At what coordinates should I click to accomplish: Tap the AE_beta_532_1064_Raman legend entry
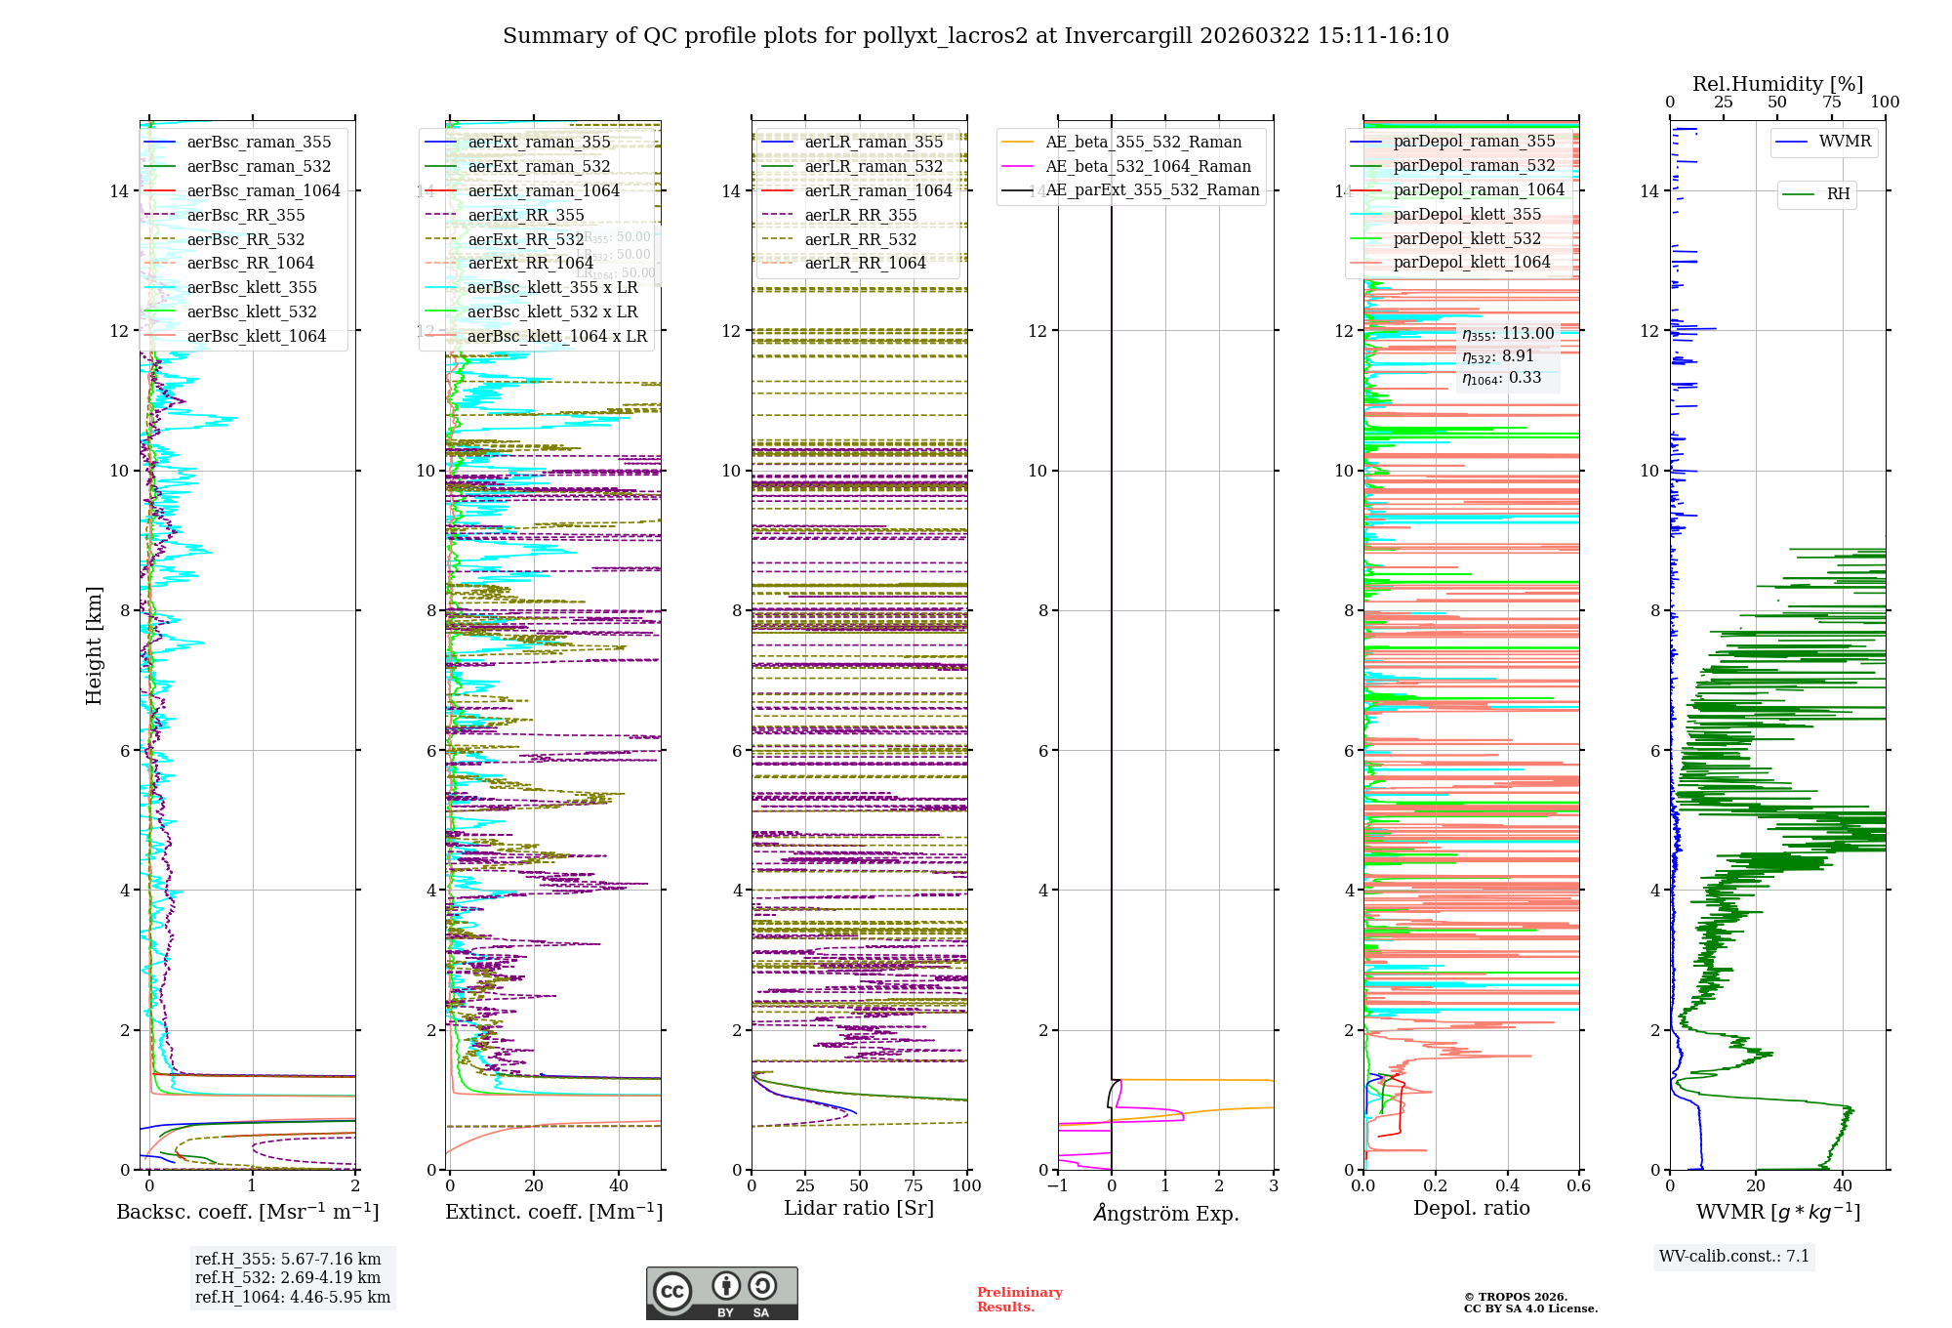tap(1148, 166)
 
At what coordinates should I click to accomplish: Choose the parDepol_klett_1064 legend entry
tap(1472, 262)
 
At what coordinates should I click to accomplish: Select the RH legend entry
tap(1838, 194)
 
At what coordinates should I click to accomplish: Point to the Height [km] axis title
tap(94, 645)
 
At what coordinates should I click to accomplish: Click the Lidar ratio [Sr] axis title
tap(859, 1208)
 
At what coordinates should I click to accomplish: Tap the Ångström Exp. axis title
tap(1166, 1213)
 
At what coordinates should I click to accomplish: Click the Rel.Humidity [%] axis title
tap(1777, 84)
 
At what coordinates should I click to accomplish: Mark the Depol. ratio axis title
tap(1472, 1208)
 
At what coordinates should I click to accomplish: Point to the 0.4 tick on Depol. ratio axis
tap(1508, 1185)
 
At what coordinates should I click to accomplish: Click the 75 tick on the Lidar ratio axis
tap(914, 1185)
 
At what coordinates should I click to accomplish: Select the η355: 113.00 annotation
tap(1508, 334)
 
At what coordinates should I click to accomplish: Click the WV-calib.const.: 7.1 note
tap(1734, 1257)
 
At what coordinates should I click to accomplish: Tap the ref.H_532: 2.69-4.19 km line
tap(288, 1277)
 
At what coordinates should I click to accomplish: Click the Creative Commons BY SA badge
tap(721, 1293)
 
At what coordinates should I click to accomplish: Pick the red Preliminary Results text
tap(1019, 1300)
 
